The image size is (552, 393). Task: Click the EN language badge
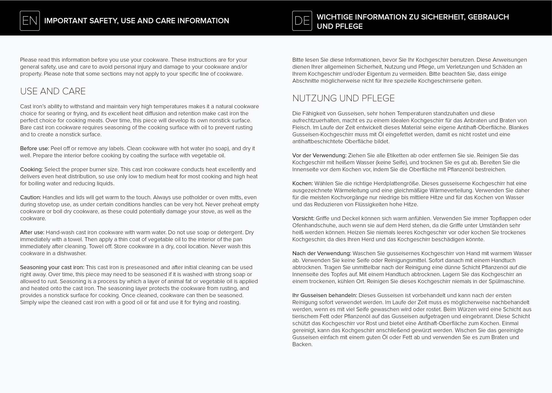coord(30,21)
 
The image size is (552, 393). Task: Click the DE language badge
coord(302,21)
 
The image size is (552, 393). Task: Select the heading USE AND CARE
coord(53,91)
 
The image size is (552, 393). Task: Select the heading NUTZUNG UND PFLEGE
coord(343,98)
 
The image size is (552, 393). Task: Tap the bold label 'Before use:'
coord(34,149)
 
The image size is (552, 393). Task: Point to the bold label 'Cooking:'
coord(31,170)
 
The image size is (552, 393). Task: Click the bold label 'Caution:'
coord(30,198)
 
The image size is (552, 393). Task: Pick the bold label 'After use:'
coord(32,232)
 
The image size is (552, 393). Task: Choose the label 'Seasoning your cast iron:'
coord(52,267)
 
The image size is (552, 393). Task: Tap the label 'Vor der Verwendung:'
coord(319,155)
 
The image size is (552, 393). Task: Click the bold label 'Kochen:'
coord(302,183)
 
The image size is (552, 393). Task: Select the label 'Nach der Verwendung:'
coord(321,253)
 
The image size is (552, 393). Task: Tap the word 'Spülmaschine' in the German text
coord(506,282)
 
